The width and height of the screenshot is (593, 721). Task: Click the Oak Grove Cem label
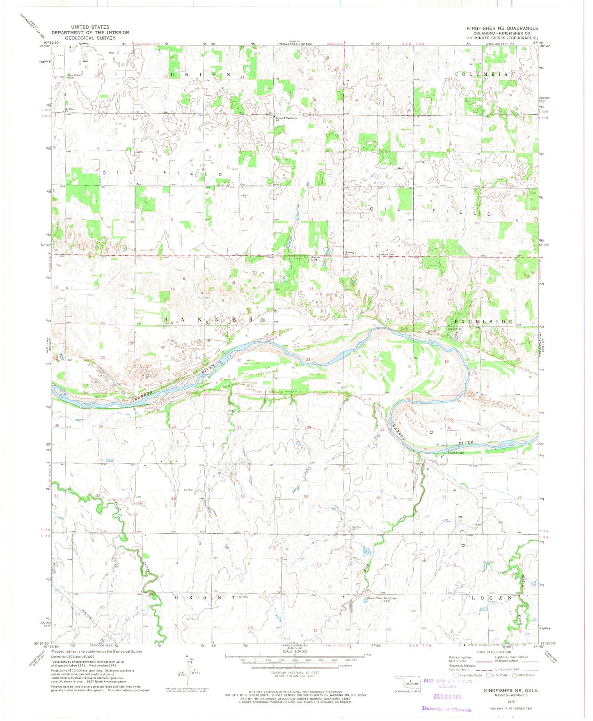(x=74, y=76)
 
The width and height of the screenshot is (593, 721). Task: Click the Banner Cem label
(x=315, y=259)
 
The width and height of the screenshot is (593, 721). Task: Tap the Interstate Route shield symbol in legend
(x=456, y=675)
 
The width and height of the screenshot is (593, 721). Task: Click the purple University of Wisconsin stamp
(x=447, y=710)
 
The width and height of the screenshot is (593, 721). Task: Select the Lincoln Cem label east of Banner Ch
(x=386, y=255)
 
